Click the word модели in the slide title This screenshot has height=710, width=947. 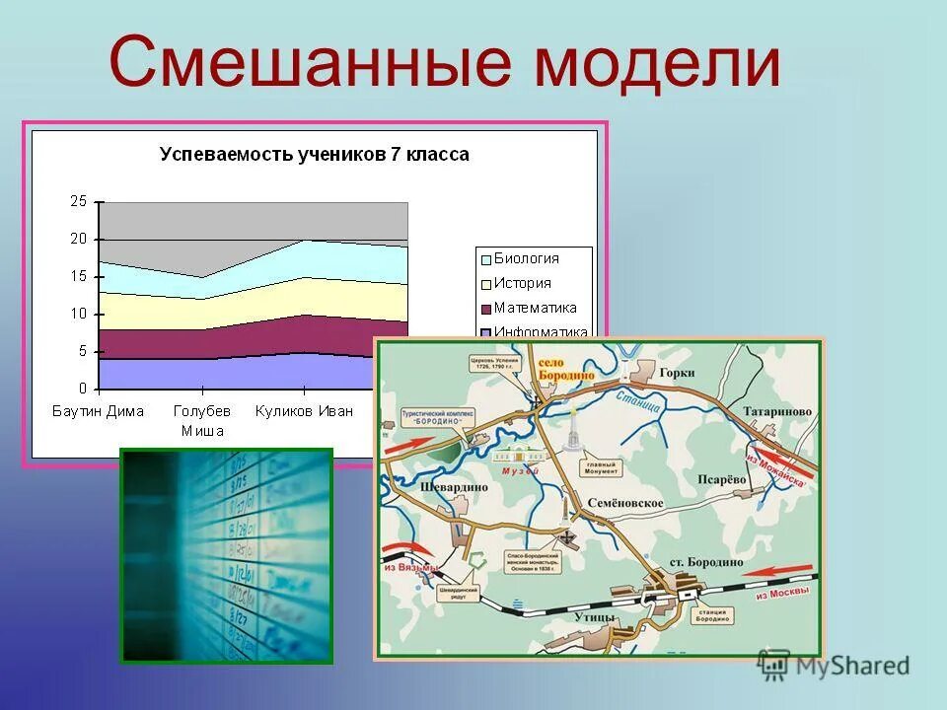pyautogui.click(x=658, y=61)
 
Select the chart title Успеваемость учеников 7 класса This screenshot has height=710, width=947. pyautogui.click(x=315, y=155)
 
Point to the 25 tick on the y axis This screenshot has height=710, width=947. pyautogui.click(x=79, y=201)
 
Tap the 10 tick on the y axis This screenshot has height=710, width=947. pyautogui.click(x=79, y=314)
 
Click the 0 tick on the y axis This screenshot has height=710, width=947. pyautogui.click(x=83, y=388)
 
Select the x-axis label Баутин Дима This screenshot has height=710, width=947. pyautogui.click(x=98, y=411)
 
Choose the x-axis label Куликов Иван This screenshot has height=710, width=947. pyautogui.click(x=304, y=411)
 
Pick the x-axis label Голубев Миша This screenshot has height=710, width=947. pyautogui.click(x=201, y=420)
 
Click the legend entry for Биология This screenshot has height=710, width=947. pyautogui.click(x=526, y=258)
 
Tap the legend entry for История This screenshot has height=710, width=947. pyautogui.click(x=523, y=283)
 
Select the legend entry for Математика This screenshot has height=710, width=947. pyautogui.click(x=535, y=308)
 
